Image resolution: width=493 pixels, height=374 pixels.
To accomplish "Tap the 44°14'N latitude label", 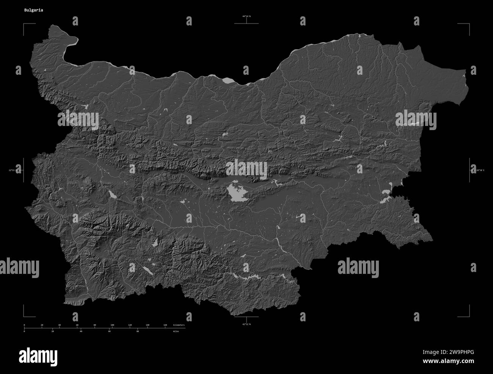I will (x=246, y=16).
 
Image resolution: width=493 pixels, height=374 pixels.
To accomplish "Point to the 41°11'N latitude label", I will (x=246, y=325).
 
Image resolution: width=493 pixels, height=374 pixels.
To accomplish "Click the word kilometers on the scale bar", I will (x=179, y=325).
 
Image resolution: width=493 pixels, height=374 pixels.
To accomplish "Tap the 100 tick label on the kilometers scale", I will (x=112, y=325).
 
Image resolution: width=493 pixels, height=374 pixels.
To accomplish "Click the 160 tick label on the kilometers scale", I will (x=165, y=325).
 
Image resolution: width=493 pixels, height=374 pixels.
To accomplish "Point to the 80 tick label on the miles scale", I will (x=137, y=331).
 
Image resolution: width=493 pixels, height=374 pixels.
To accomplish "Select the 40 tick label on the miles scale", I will (x=81, y=331).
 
